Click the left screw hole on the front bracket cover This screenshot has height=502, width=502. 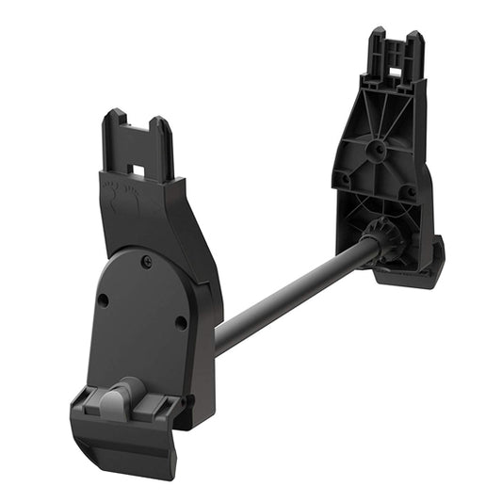104,300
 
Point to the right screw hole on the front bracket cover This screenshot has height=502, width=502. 181,322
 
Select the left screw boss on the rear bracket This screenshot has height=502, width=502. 346,178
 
